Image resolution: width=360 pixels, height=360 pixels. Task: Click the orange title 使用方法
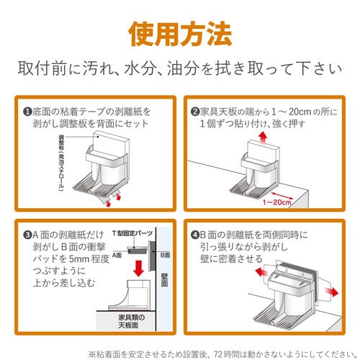(180, 32)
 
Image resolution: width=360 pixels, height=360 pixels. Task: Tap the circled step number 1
(27, 112)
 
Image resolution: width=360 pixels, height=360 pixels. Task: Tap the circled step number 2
(194, 112)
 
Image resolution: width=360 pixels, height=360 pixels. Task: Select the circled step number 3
(27, 234)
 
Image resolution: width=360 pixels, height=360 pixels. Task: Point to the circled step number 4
(194, 234)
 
